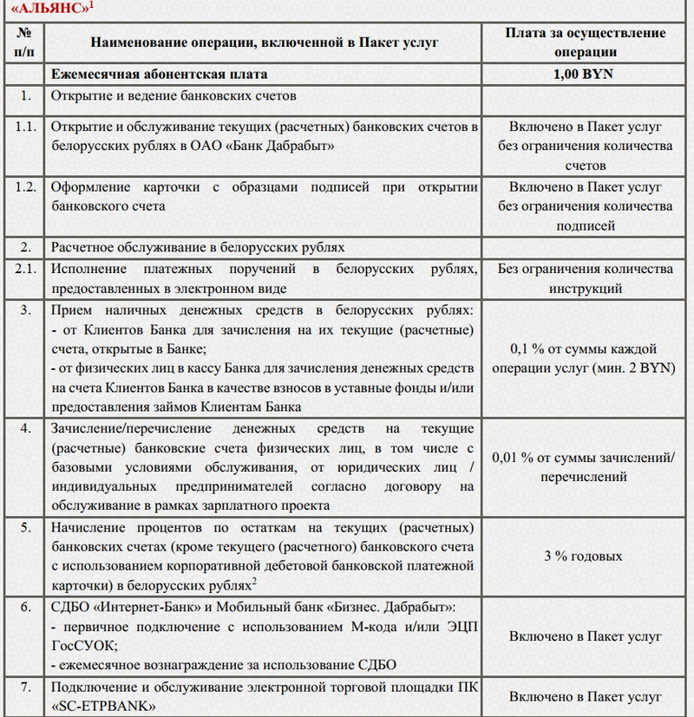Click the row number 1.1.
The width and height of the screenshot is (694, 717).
click(x=26, y=127)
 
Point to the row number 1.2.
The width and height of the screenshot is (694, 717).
click(x=26, y=187)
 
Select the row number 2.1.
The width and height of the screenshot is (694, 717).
click(x=26, y=270)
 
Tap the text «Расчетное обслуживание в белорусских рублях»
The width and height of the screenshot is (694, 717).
click(x=199, y=246)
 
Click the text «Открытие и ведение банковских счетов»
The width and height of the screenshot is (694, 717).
click(x=174, y=95)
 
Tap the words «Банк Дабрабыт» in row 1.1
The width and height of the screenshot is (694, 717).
click(x=278, y=147)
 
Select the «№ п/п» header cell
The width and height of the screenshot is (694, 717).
click(x=26, y=42)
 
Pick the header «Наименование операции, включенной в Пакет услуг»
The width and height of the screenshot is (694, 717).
click(x=264, y=42)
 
